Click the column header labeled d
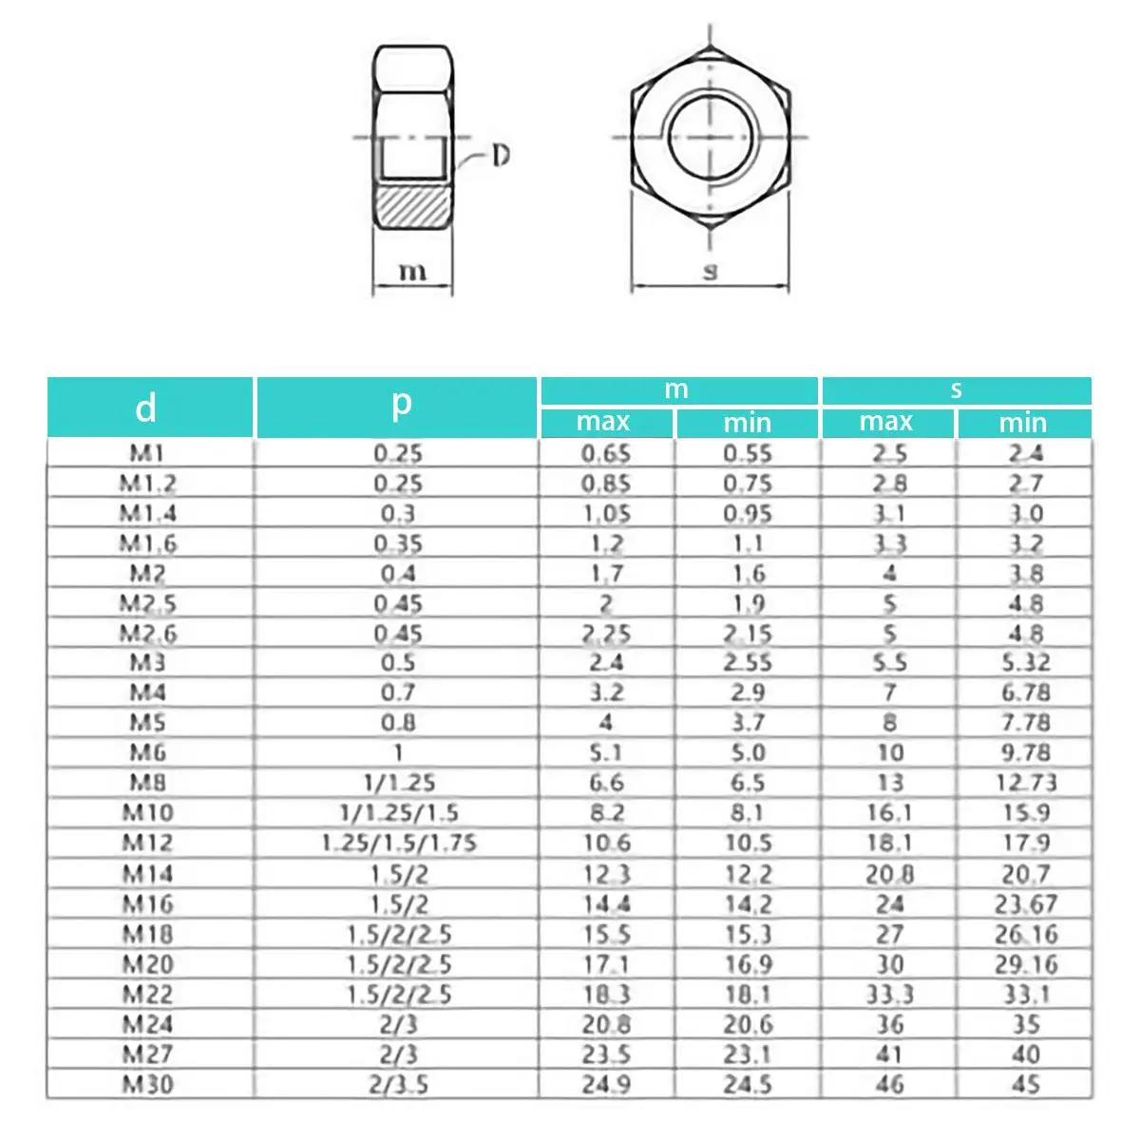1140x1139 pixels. (145, 408)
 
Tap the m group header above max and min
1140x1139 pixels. (676, 389)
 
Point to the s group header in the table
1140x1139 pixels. (956, 389)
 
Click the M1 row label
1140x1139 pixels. (147, 453)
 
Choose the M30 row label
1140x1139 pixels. (147, 1084)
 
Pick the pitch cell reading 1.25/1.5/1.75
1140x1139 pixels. (398, 843)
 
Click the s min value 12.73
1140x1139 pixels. (1024, 783)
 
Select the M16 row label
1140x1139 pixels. (147, 903)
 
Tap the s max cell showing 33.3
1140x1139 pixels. (889, 994)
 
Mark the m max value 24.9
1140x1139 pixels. (606, 1084)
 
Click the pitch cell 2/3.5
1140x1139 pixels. (398, 1084)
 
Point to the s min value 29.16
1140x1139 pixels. (1024, 964)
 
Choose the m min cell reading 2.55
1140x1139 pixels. (747, 662)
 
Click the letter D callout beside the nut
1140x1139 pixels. (500, 155)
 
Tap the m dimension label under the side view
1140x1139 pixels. (411, 272)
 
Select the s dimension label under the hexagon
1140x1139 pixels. (710, 272)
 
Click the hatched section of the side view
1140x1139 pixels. (412, 205)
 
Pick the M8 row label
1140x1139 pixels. (147, 783)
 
